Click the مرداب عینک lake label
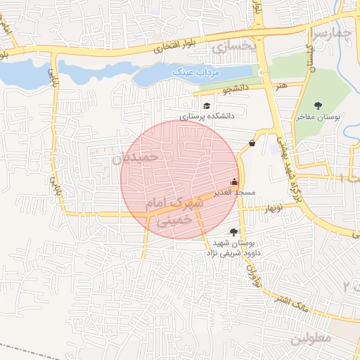click(196, 72)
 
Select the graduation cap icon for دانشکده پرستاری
click(206, 105)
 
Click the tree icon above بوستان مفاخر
click(320, 105)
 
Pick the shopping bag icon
click(252, 143)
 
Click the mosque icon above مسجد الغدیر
click(234, 181)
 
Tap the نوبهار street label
click(270, 209)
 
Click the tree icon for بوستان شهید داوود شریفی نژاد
click(233, 231)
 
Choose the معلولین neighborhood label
click(310, 337)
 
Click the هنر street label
click(282, 85)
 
